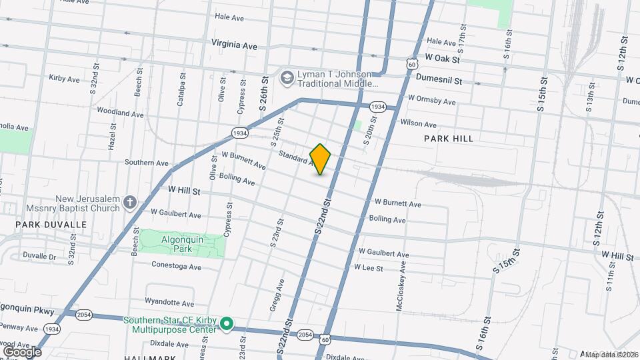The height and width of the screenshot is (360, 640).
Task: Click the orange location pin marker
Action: click(320, 159)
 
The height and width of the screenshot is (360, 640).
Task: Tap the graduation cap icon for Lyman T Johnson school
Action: click(287, 78)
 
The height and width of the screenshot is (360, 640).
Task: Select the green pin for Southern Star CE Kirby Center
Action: click(227, 325)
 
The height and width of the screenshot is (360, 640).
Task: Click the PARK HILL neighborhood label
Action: click(449, 139)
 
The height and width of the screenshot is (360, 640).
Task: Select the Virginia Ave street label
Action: click(234, 45)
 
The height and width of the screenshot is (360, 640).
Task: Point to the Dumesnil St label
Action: click(438, 79)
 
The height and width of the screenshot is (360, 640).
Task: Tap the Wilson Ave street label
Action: click(418, 123)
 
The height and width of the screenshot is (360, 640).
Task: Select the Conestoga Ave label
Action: click(177, 267)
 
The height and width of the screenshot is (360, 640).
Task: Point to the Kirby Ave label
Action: click(64, 79)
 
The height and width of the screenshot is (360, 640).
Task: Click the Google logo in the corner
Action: click(21, 351)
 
